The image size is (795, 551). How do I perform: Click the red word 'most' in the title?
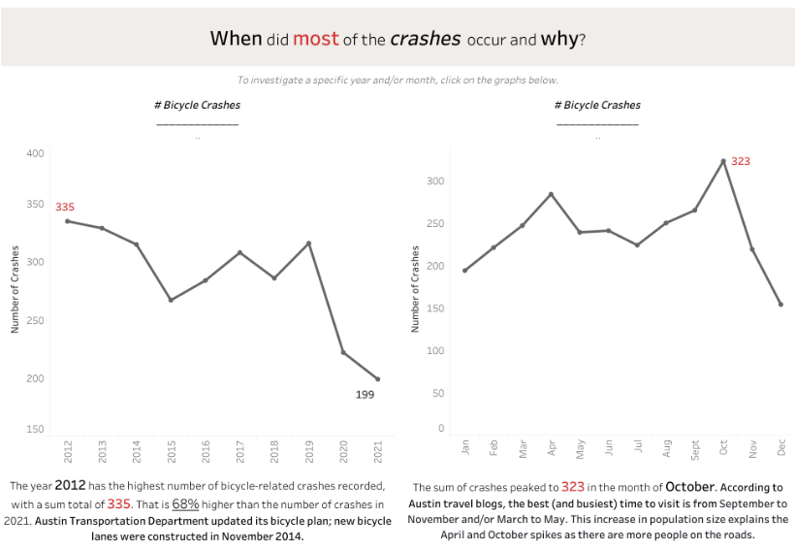pyautogui.click(x=316, y=39)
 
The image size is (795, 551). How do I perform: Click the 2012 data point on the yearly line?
pyautogui.click(x=67, y=221)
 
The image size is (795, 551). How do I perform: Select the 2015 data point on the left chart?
pyautogui.click(x=171, y=300)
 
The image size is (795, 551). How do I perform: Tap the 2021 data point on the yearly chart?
pyautogui.click(x=377, y=379)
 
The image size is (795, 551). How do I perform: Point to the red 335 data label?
pyautogui.click(x=65, y=207)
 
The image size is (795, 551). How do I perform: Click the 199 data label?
pyautogui.click(x=365, y=395)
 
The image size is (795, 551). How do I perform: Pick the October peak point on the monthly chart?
pyautogui.click(x=723, y=161)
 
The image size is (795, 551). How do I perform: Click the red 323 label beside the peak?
pyautogui.click(x=741, y=161)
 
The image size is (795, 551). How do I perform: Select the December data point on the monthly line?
pyautogui.click(x=780, y=305)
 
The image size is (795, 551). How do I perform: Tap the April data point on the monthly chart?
pyautogui.click(x=552, y=194)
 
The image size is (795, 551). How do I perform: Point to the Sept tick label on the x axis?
pyautogui.click(x=695, y=451)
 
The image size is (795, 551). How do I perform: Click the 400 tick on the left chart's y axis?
pyautogui.click(x=36, y=153)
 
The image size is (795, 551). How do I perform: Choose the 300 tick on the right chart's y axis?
pyautogui.click(x=435, y=181)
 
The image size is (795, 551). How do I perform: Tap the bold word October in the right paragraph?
pyautogui.click(x=690, y=486)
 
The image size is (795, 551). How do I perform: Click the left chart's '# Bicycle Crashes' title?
pyautogui.click(x=198, y=105)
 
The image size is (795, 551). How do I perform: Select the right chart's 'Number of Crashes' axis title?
pyautogui.click(x=415, y=288)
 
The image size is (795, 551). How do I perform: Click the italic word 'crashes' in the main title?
pyautogui.click(x=426, y=39)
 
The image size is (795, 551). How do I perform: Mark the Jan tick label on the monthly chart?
pyautogui.click(x=465, y=447)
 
